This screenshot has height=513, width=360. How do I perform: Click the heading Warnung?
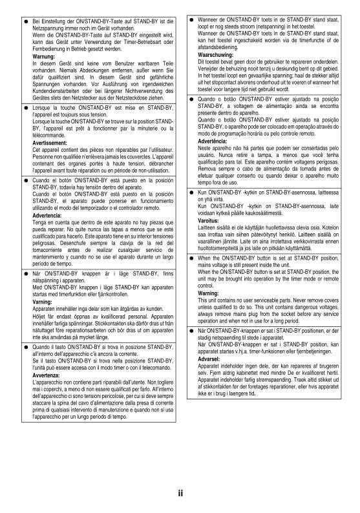(x=44, y=57)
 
